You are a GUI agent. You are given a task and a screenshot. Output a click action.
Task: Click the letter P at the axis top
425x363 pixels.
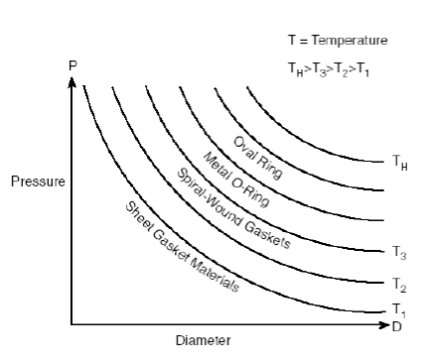(71, 63)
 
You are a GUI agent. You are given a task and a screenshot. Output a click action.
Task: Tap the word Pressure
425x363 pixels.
(37, 182)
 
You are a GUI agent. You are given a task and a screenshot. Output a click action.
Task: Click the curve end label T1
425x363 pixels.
(399, 308)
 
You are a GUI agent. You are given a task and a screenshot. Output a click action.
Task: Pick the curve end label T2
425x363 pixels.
(399, 284)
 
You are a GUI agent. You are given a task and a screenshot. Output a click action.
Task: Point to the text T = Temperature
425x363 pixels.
(336, 41)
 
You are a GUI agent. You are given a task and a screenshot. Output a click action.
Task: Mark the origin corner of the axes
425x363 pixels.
(71, 323)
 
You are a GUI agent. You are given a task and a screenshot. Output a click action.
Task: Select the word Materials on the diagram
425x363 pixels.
(216, 272)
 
